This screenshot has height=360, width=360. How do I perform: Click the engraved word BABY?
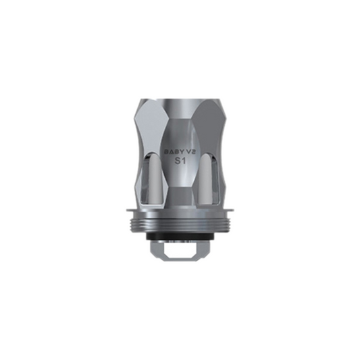tap(172, 153)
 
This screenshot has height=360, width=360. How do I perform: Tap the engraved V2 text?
tap(190, 153)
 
